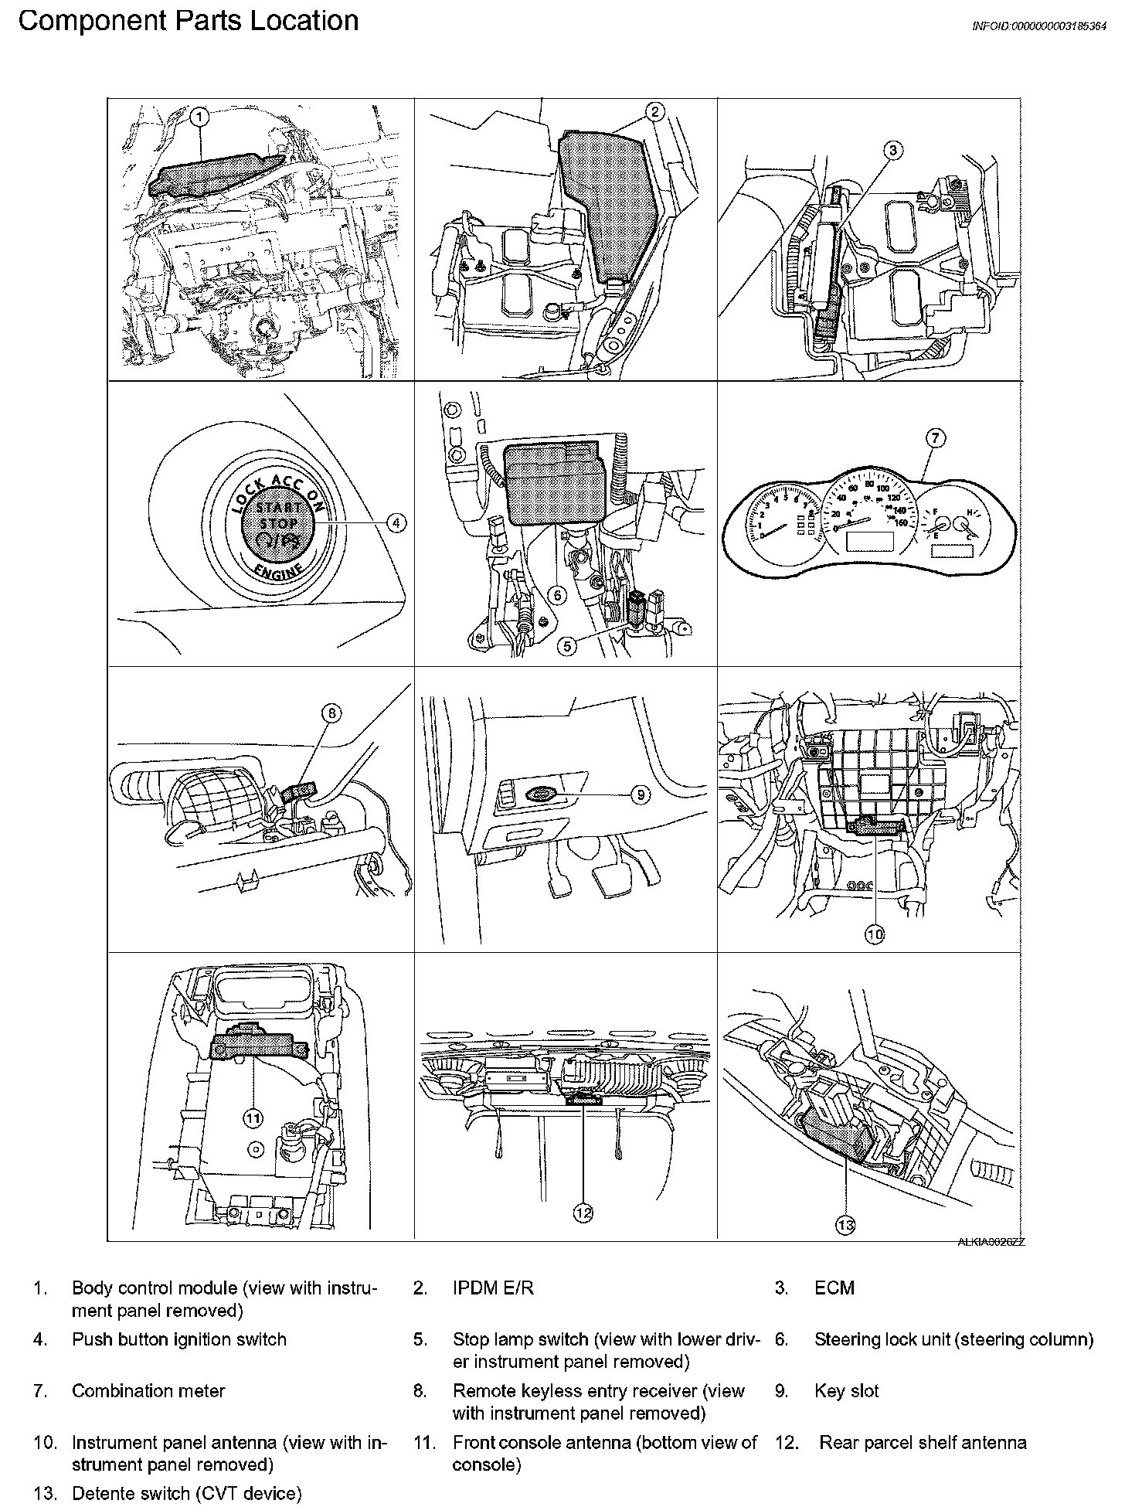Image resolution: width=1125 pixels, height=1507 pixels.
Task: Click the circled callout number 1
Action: [199, 117]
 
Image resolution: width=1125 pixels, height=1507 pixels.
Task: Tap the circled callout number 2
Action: [654, 112]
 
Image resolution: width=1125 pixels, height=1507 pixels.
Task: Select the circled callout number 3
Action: [892, 151]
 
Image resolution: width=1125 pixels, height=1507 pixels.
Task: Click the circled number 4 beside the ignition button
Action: [396, 523]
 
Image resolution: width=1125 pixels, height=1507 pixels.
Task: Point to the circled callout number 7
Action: [934, 439]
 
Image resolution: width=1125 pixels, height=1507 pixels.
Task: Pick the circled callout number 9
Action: [640, 794]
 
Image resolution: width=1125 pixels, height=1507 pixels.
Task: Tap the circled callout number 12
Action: [583, 1214]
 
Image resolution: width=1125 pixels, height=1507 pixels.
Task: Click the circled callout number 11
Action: [253, 1117]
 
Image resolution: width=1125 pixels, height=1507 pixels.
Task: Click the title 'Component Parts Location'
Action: [189, 20]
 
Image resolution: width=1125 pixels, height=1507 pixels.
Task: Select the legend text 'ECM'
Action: [834, 1288]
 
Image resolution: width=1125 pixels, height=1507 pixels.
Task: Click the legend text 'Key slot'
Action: [846, 1391]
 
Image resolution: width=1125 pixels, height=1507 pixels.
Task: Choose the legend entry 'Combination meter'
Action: [148, 1391]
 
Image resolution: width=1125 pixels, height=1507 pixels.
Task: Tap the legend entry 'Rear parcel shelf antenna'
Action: [923, 1443]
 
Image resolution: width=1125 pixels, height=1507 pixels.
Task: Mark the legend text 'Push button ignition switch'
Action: [179, 1339]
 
